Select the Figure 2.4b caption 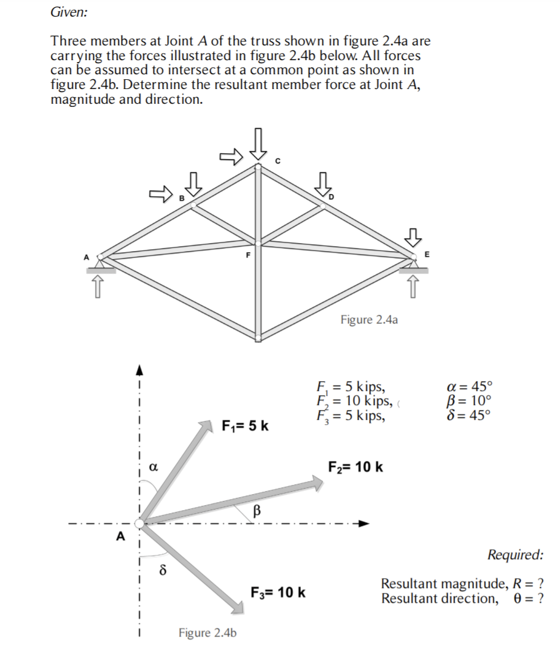(208, 632)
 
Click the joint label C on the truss (277, 161)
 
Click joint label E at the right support (427, 253)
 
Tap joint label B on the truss (181, 198)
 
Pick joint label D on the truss (333, 197)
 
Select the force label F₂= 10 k (356, 467)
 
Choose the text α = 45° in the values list (470, 387)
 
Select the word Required (515, 555)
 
